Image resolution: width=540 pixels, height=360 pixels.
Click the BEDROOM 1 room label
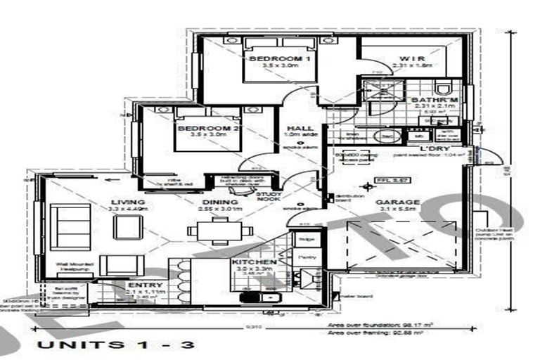pos(280,58)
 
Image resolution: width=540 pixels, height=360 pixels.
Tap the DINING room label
pos(217,202)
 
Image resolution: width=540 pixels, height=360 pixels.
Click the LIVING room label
pos(127,202)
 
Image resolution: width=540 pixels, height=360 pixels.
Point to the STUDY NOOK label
pos(269,196)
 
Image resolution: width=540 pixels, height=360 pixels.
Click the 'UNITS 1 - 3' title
pos(117,345)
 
